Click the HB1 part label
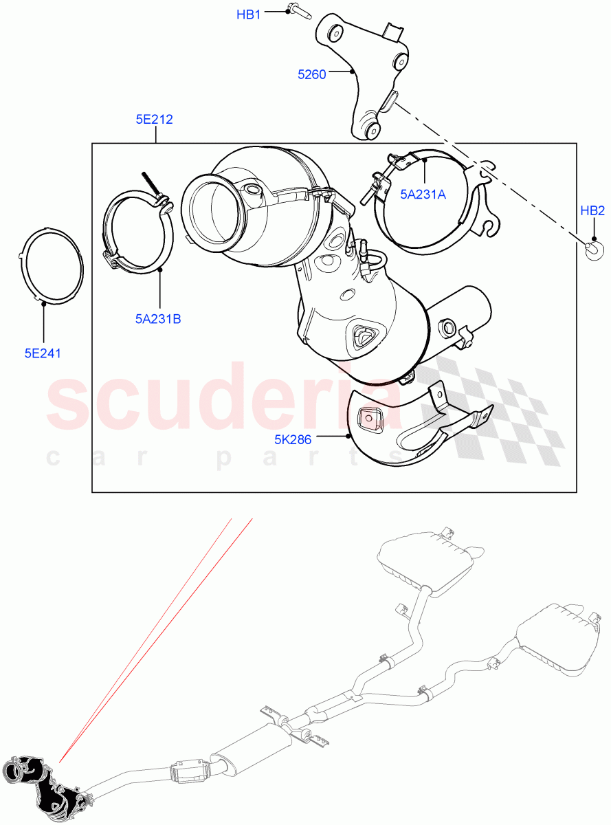coord(249,14)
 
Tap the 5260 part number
coord(311,74)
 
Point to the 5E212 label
coord(154,120)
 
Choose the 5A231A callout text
coord(423,195)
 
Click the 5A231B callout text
coord(158,318)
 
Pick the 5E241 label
coord(43,354)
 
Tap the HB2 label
coord(592,211)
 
